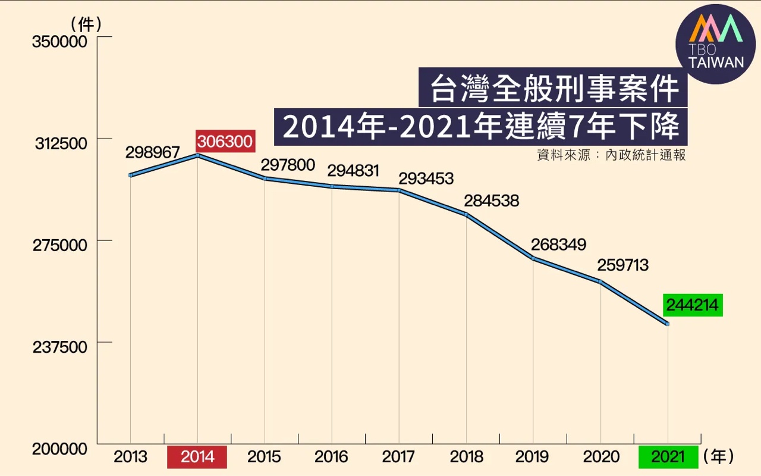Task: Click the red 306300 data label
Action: click(x=225, y=142)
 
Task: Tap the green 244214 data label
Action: click(x=693, y=306)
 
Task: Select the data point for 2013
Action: click(x=130, y=175)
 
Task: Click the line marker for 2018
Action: click(x=467, y=214)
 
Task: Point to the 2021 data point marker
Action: click(x=668, y=324)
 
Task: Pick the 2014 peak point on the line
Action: click(x=197, y=155)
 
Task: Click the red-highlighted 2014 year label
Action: click(x=197, y=457)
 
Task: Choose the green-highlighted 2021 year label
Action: click(x=668, y=457)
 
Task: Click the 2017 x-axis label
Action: click(x=398, y=457)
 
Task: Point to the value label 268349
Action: click(x=559, y=245)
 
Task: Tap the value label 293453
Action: click(x=426, y=178)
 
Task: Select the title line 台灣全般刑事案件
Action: click(x=553, y=89)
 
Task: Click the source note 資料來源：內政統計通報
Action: click(x=611, y=155)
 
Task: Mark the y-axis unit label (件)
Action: click(x=87, y=24)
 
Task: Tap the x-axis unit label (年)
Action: click(x=719, y=457)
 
